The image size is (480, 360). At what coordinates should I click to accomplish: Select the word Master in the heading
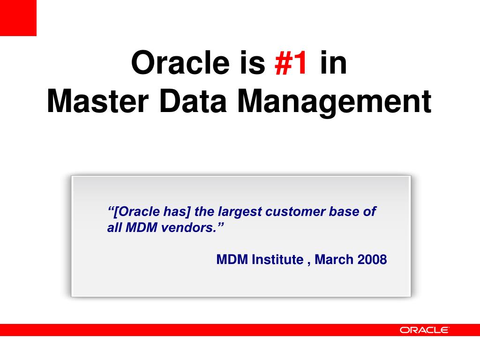[x=94, y=102]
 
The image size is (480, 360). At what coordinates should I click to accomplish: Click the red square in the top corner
[x=18, y=18]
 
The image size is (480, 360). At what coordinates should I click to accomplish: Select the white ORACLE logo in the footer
[x=424, y=330]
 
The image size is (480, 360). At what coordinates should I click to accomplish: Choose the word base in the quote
[x=345, y=212]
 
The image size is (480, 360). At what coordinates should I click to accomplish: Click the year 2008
[x=372, y=259]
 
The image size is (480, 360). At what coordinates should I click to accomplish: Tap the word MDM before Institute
[x=232, y=259]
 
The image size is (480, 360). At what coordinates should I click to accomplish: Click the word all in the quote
[x=114, y=228]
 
